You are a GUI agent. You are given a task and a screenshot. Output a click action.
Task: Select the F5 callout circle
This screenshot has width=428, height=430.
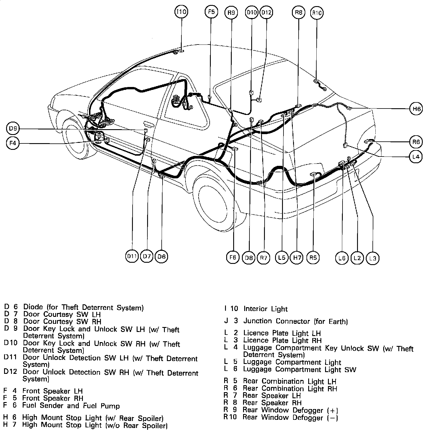(x=211, y=12)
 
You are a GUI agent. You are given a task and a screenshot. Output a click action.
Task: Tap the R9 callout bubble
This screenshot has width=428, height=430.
(x=231, y=13)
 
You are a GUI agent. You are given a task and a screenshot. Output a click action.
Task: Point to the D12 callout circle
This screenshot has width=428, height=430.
(x=266, y=13)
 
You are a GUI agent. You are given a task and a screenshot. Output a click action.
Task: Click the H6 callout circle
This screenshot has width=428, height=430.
(x=416, y=109)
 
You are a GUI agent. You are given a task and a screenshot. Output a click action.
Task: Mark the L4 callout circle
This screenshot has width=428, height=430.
(x=416, y=157)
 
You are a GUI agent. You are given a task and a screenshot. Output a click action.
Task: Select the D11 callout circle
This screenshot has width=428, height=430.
(x=132, y=256)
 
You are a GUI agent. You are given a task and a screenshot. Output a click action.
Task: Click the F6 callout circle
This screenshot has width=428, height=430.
(x=233, y=257)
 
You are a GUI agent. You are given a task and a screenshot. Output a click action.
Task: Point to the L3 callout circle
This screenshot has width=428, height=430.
(x=373, y=258)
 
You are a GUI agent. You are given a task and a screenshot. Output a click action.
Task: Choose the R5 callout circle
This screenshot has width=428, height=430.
(x=313, y=257)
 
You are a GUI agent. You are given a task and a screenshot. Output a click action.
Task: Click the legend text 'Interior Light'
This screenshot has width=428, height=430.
(x=265, y=309)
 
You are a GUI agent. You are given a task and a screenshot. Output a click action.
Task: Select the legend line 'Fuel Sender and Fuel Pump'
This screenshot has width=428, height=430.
(x=71, y=405)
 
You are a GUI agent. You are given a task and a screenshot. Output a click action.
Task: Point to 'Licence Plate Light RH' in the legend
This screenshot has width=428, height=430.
(x=282, y=340)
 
